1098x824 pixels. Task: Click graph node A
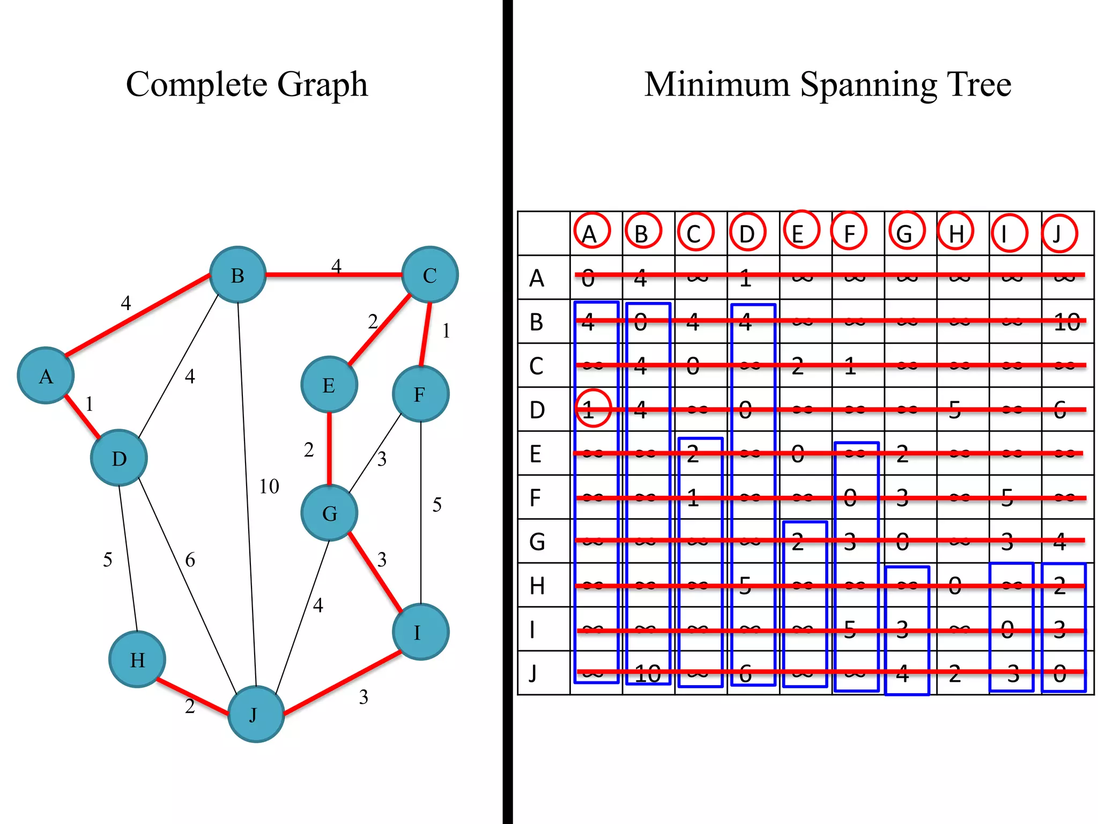coord(46,376)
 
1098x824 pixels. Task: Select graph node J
coord(256,714)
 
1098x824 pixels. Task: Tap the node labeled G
coord(329,513)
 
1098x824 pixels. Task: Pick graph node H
coord(137,659)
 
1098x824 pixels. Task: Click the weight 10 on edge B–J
coord(269,486)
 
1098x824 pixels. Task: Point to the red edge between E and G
coord(329,448)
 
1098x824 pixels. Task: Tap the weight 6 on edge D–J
coord(190,560)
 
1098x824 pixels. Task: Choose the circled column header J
coord(1059,233)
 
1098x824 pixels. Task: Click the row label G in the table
coord(537,541)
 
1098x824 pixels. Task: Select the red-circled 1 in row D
coord(592,409)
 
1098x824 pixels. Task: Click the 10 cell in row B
coord(1066,322)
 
